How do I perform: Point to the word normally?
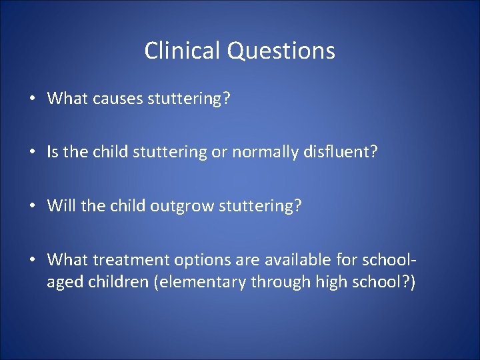[261, 152]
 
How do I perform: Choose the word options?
[198, 259]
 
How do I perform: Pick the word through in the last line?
[281, 283]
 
